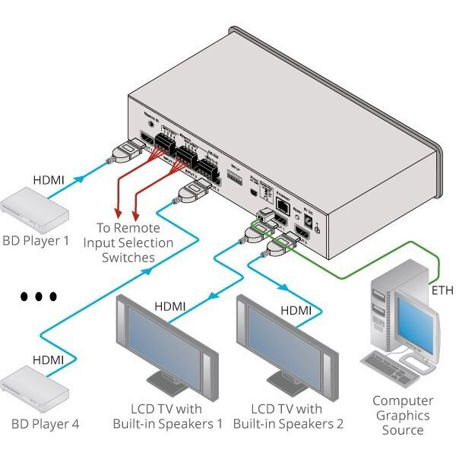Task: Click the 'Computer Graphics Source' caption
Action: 403,415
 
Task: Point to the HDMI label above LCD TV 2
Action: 296,310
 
